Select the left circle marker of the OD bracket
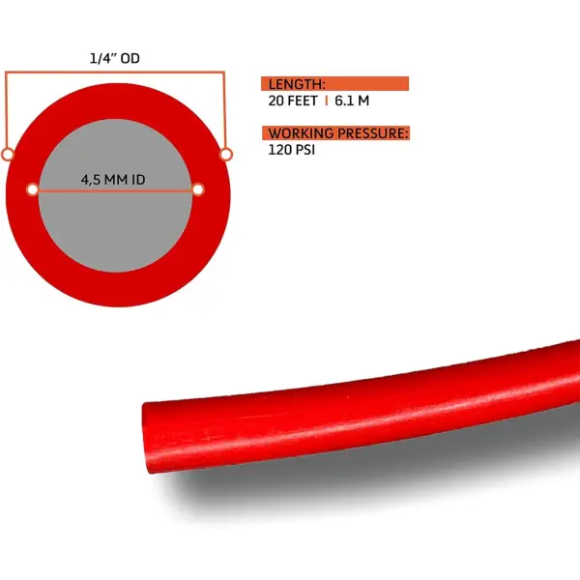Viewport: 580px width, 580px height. (7, 155)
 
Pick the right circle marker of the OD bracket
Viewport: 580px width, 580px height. (226, 155)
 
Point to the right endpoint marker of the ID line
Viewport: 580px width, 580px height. (197, 189)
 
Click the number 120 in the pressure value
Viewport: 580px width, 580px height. (278, 150)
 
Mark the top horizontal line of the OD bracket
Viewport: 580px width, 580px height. (116, 72)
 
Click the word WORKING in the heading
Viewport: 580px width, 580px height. (299, 133)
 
